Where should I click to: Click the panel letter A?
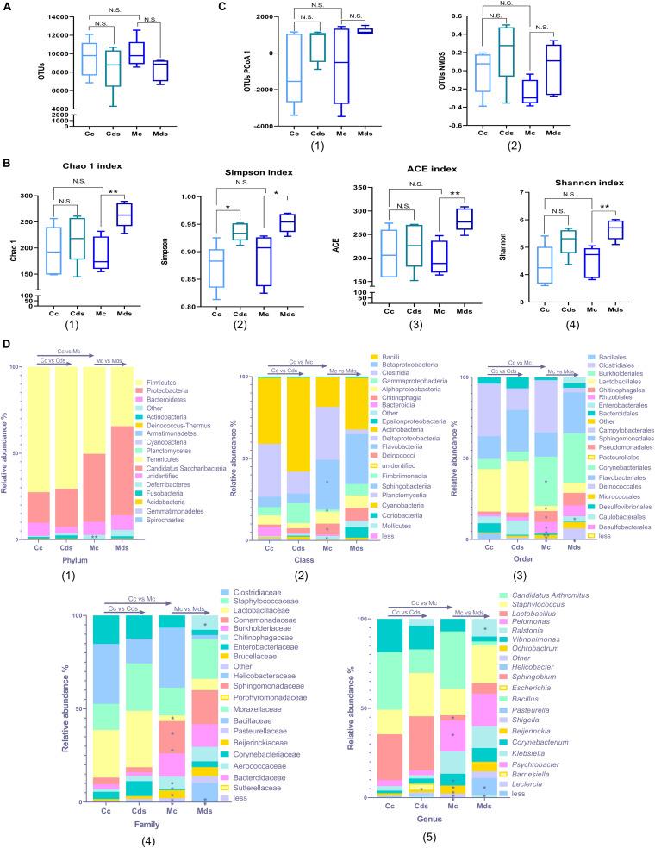pyautogui.click(x=8, y=7)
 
